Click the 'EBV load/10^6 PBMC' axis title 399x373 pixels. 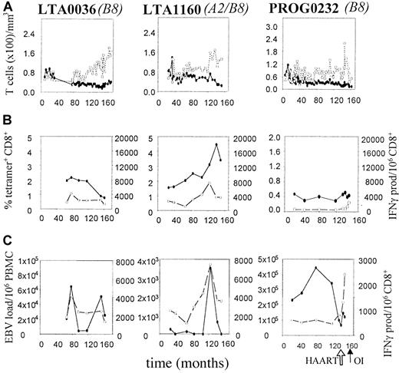(8, 295)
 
